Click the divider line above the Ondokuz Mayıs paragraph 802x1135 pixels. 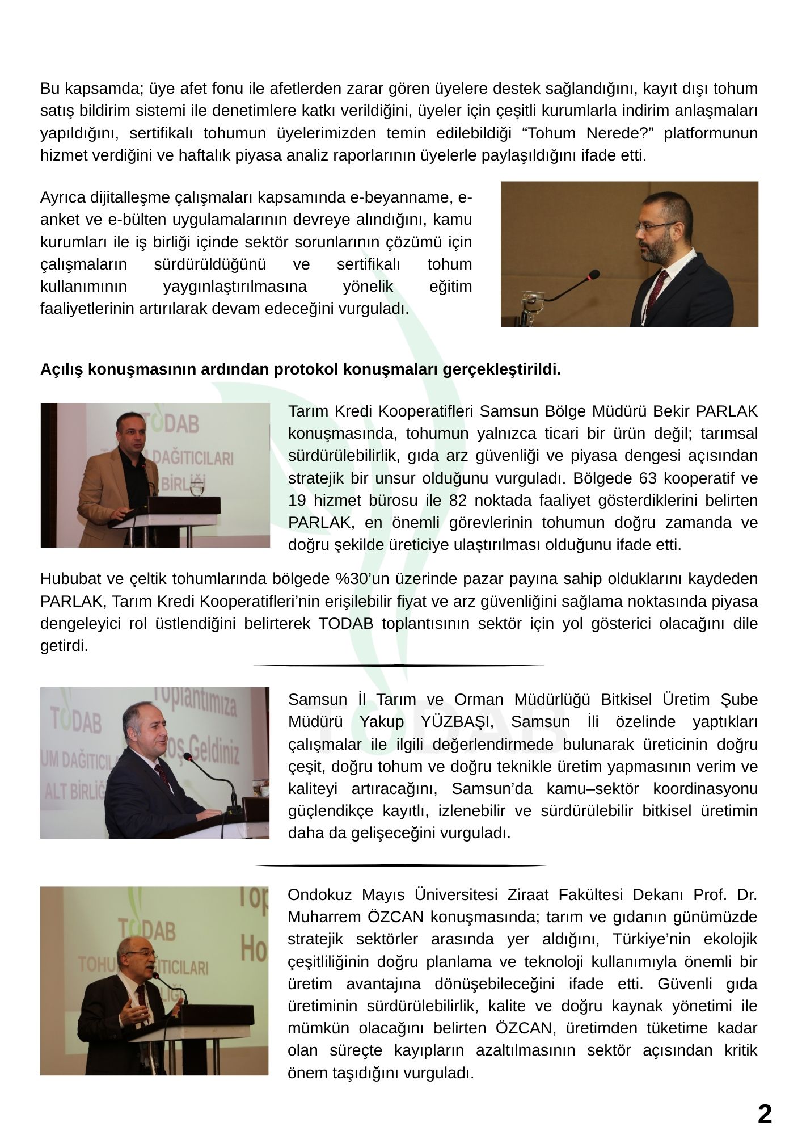(401, 865)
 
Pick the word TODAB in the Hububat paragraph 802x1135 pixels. (345, 624)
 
